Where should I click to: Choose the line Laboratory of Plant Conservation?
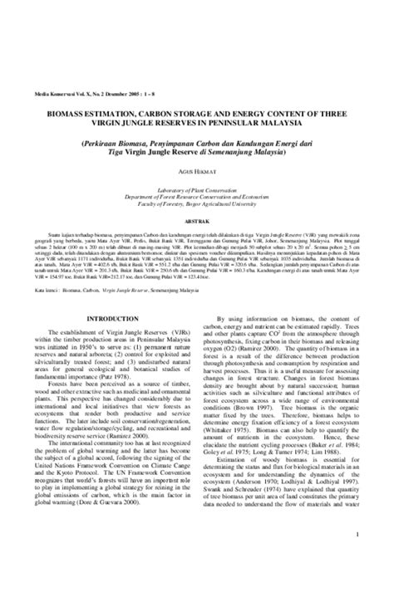click(197, 179)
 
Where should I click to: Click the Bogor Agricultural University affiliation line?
click(197, 193)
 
